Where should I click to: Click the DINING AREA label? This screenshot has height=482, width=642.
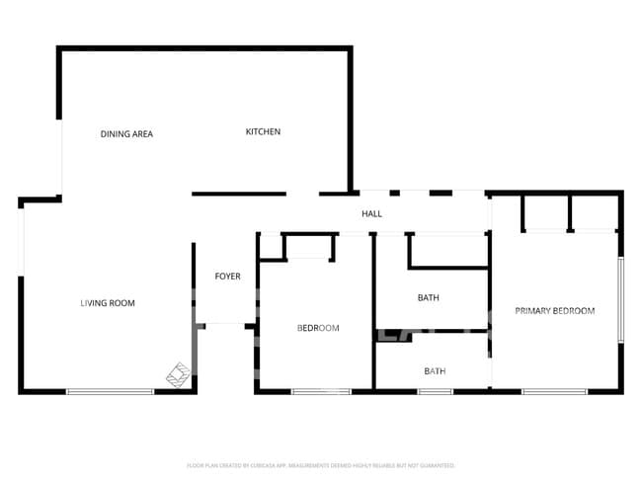127,133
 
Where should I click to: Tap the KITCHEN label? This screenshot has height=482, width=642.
263,131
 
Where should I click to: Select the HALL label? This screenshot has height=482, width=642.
371,213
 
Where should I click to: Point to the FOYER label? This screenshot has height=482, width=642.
227,276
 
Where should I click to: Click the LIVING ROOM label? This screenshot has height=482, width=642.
108,303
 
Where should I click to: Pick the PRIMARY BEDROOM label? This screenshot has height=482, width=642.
554,310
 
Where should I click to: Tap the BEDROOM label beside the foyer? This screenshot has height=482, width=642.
318,328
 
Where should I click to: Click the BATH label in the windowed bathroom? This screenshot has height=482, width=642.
435,371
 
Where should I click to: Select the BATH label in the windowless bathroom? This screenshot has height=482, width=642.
428,297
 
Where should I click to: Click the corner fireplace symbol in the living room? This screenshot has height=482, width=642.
178,374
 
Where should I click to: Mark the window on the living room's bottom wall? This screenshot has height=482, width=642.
110,392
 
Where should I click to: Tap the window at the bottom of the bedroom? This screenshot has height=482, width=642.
321,392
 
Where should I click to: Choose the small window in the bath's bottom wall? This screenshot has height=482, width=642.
435,392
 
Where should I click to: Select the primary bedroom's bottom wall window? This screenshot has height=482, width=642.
554,392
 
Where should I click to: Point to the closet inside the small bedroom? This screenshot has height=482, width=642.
307,246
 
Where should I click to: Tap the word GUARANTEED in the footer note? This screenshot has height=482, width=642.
436,464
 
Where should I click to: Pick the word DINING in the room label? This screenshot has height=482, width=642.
114,133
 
